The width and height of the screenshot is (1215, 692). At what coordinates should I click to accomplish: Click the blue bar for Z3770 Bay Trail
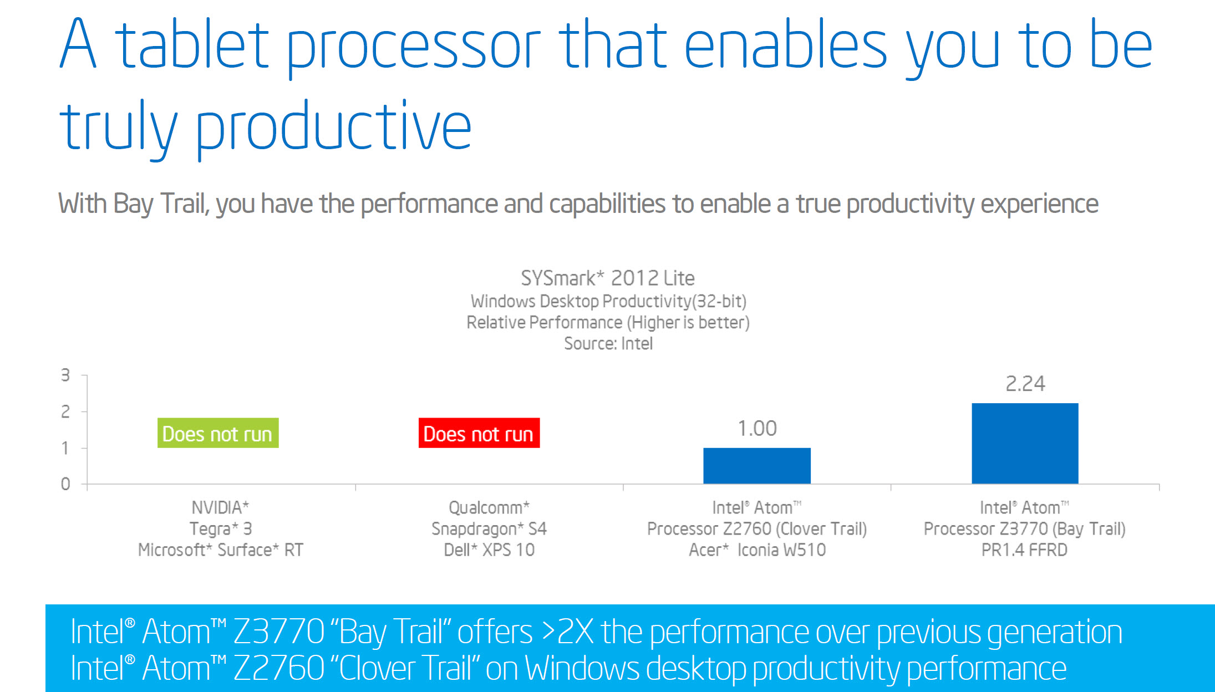point(1025,443)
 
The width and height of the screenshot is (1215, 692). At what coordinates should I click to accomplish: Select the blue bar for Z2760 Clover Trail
point(757,465)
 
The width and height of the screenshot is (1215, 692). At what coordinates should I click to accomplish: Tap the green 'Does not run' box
point(218,433)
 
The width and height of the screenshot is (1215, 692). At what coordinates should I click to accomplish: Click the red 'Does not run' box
point(479,433)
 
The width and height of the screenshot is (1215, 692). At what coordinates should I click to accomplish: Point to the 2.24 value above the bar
point(1025,383)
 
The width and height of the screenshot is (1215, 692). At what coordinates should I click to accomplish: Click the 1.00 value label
point(757,428)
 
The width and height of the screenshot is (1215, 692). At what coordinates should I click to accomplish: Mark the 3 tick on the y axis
point(65,375)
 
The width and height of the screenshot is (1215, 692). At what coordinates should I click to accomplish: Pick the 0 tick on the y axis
point(65,484)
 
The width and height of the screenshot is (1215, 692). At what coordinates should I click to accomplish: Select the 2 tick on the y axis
point(65,411)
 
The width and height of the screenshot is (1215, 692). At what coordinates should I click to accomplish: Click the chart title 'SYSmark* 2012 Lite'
point(608,278)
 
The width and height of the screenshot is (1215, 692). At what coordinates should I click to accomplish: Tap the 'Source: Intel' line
point(608,344)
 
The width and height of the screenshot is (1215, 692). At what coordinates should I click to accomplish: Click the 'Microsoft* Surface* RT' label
point(221,549)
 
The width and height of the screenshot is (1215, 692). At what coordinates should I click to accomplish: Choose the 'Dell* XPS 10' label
point(489,549)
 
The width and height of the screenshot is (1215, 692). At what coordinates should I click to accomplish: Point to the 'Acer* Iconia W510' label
point(758,549)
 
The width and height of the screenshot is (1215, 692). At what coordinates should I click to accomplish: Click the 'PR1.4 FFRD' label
point(1024,549)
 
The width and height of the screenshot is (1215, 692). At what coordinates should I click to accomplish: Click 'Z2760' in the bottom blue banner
point(279,668)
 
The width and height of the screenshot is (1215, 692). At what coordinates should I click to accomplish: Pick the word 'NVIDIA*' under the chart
point(220,507)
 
